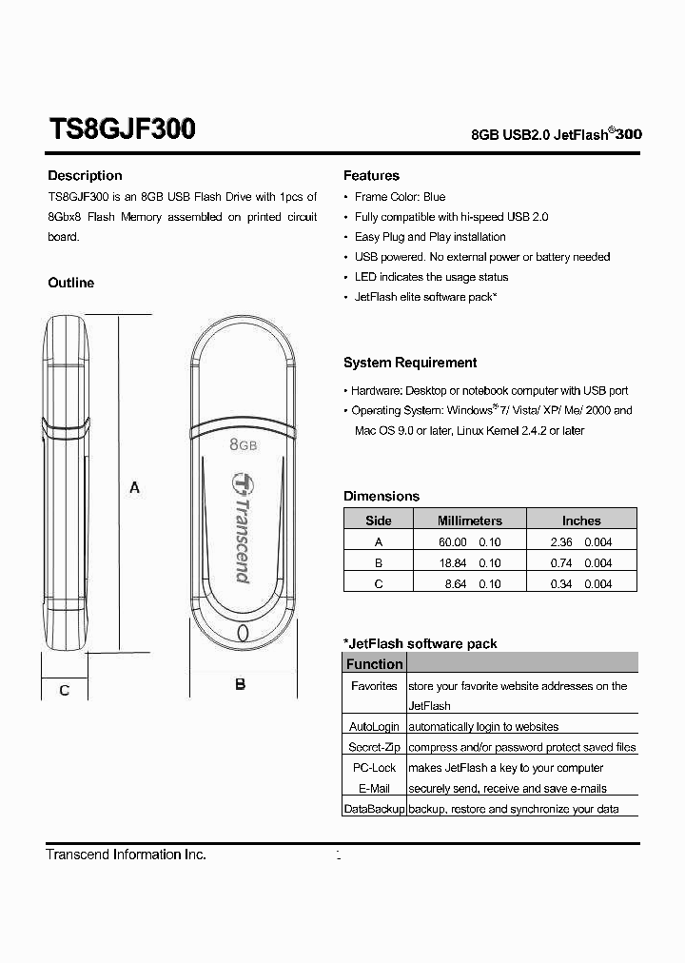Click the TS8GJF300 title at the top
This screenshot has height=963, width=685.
pos(122,129)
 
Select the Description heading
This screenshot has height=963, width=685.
pos(85,176)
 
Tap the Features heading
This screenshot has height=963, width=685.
pos(371,176)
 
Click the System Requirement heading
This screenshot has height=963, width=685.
pos(410,363)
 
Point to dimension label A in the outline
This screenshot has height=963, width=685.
pos(135,487)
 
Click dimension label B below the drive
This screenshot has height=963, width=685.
pos(241,684)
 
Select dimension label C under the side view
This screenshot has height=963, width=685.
pos(64,690)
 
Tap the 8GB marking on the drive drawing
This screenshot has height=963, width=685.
pos(244,443)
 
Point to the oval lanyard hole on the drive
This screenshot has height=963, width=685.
pos(242,634)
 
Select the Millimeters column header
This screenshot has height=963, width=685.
pos(469,521)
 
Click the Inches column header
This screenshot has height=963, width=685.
pos(581,521)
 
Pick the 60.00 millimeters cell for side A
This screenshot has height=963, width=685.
pos(452,541)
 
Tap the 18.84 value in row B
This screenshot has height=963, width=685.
pos(452,562)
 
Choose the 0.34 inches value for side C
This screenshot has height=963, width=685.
pos(560,583)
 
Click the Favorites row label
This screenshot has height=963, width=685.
pos(374,685)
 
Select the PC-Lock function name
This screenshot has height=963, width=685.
pos(374,767)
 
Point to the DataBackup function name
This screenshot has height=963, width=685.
pos(374,809)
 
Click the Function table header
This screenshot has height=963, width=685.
pos(374,664)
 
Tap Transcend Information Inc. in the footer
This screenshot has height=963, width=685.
pos(126,855)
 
